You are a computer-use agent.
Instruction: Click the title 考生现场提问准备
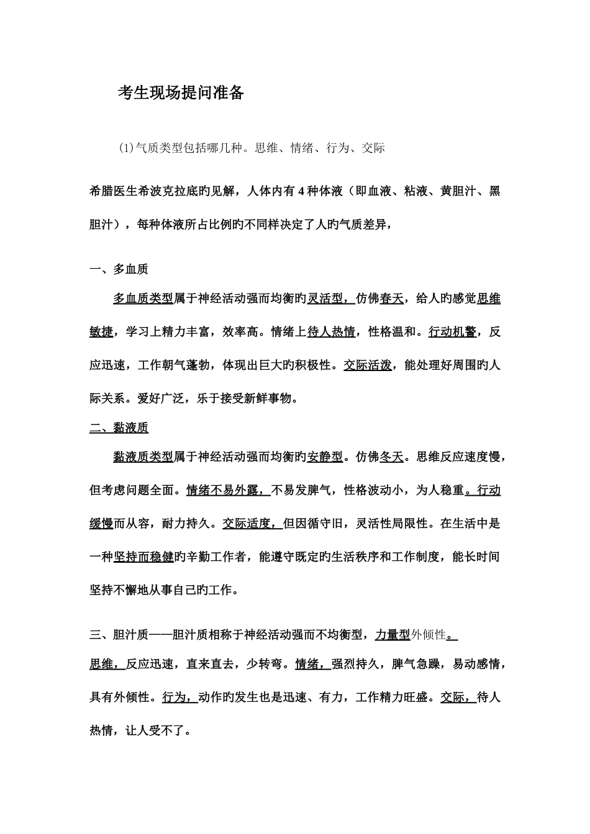pyautogui.click(x=181, y=93)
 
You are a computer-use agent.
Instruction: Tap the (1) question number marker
pyautogui.click(x=126, y=148)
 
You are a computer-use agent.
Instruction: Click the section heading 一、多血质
pyautogui.click(x=119, y=269)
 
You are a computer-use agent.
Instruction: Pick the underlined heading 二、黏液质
pyautogui.click(x=119, y=428)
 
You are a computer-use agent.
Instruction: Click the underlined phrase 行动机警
pyautogui.click(x=452, y=332)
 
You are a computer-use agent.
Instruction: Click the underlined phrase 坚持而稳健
pyautogui.click(x=143, y=557)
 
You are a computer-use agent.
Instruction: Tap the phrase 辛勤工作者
pyautogui.click(x=222, y=557)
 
